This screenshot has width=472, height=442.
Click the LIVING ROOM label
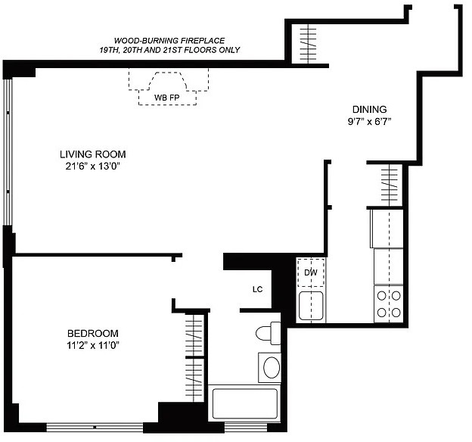[x=93, y=154]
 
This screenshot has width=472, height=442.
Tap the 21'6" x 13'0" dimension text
[x=93, y=166]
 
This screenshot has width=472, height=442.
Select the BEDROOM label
[x=93, y=333]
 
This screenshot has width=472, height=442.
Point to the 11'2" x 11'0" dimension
[x=93, y=345]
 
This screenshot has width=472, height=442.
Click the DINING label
[x=370, y=109]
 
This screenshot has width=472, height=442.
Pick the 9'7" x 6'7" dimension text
[x=369, y=121]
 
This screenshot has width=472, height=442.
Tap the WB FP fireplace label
[x=166, y=98]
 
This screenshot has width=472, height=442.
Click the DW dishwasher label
[x=311, y=272]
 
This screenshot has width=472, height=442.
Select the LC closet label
[x=258, y=290]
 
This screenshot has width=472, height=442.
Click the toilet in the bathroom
[x=269, y=333]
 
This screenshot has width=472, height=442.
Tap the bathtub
[x=245, y=403]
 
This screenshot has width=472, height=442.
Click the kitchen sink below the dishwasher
[x=311, y=306]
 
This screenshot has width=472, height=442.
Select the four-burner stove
[x=389, y=304]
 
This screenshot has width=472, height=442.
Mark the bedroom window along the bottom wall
[x=95, y=427]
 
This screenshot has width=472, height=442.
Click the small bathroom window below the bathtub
[x=246, y=427]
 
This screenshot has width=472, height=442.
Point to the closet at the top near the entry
[x=309, y=44]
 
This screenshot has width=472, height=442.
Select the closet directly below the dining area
[x=390, y=185]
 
